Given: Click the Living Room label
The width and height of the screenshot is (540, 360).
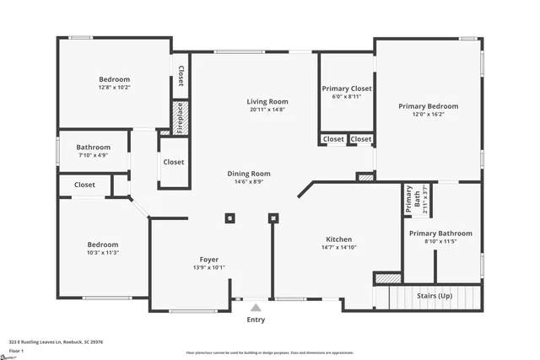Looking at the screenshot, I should point(267,101).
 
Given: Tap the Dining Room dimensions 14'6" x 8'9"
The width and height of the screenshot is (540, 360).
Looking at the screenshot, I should point(249,182).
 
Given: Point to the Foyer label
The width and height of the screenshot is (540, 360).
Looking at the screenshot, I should point(208,259).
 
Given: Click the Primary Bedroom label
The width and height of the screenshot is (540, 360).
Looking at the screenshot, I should point(429,106).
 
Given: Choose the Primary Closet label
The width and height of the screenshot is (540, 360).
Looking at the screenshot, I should point(346,88).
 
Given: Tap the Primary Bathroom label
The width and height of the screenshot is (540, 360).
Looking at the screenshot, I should point(440,233).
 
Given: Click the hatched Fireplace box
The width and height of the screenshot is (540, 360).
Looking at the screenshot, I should point(180,118).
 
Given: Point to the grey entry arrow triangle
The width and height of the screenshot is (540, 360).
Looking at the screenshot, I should point(255,307).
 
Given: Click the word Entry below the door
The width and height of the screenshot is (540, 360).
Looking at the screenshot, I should point(255,320).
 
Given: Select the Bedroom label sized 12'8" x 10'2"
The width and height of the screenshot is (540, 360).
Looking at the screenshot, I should point(114,79).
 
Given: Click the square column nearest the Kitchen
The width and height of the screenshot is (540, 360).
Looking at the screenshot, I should point(273,218).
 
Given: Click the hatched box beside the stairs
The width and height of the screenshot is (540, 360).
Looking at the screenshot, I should point(387,277).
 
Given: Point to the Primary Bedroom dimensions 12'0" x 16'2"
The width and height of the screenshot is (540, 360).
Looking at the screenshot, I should point(429,116).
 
